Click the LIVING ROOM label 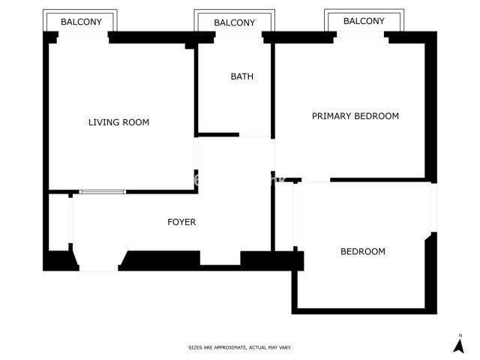[118, 122]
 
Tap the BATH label [241, 76]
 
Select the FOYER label [181, 222]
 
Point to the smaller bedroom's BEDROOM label [362, 252]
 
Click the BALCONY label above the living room [81, 22]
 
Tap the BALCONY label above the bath [234, 22]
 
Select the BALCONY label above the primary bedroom [364, 21]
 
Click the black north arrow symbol [459, 346]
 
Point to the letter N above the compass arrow [459, 334]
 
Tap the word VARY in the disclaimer [284, 348]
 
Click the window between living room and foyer [103, 192]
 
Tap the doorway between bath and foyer [256, 136]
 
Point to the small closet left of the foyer [59, 222]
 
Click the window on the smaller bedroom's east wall [433, 207]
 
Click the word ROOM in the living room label [136, 122]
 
